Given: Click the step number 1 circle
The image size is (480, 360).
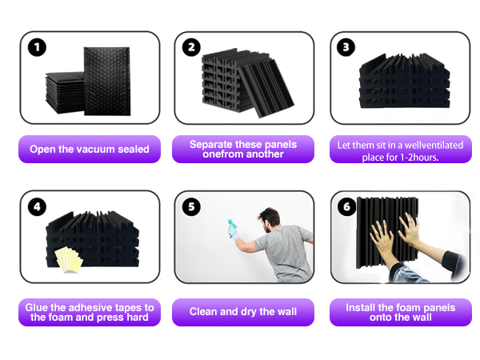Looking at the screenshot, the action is click(x=37, y=47).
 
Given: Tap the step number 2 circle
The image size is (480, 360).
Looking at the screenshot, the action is click(x=191, y=47).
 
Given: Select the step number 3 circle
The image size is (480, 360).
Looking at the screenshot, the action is click(x=346, y=47).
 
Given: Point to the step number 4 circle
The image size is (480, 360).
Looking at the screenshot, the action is click(x=37, y=206).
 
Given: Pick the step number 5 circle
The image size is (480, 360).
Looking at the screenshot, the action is click(x=191, y=206).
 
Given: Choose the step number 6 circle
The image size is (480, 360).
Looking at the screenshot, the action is click(x=346, y=206).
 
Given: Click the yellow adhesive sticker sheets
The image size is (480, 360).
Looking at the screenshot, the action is click(x=69, y=259).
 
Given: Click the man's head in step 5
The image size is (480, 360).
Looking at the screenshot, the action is click(x=269, y=220).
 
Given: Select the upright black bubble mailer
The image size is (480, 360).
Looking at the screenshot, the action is click(x=107, y=81).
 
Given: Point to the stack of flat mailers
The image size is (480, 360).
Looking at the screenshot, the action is click(x=65, y=93).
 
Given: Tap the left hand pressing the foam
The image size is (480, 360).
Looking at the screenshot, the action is click(x=382, y=237).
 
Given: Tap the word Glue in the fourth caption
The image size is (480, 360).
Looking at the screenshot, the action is click(x=34, y=307).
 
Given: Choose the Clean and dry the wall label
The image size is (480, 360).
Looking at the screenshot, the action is click(x=243, y=312).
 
